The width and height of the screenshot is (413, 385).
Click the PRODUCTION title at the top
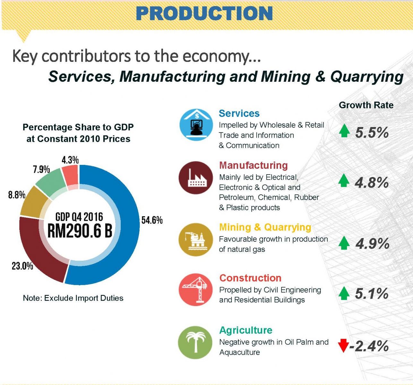click(x=204, y=13)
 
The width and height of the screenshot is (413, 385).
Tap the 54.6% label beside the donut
click(x=152, y=220)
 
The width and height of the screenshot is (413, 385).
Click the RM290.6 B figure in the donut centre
click(x=80, y=230)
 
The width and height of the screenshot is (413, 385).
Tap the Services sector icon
click(x=196, y=125)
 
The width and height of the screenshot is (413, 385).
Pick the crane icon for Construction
click(x=196, y=289)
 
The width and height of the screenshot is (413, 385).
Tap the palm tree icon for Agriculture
click(x=195, y=342)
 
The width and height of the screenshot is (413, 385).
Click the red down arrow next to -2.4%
click(x=343, y=346)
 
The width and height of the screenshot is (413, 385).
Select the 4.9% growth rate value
click(x=372, y=244)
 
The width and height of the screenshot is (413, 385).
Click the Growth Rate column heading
click(x=366, y=105)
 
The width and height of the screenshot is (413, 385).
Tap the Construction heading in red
click(x=250, y=278)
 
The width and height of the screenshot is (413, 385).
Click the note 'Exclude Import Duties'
click(x=73, y=298)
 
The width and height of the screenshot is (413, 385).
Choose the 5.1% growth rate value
click(x=372, y=294)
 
